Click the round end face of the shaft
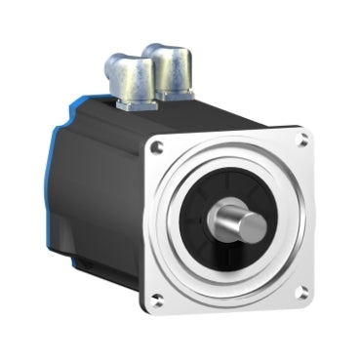pos(252,225)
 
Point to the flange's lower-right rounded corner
pos(309,299)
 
